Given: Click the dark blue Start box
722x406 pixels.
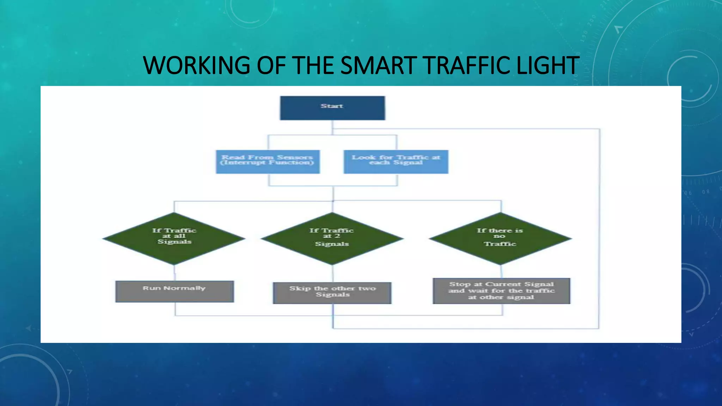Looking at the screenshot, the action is pos(332,108).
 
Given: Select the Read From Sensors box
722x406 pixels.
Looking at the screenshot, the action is pos(268,162).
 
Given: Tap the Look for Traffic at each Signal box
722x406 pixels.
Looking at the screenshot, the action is pos(396,162).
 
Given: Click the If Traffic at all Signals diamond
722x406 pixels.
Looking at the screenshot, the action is pos(174,239).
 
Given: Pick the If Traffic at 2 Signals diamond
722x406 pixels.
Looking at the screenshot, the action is pos(332,239).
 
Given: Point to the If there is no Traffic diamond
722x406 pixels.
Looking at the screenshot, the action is pos(500,239).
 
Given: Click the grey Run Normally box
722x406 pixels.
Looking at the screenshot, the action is pos(175,291).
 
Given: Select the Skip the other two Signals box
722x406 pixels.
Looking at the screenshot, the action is pos(332,293).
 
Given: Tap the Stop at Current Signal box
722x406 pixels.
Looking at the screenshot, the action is pos(501,291).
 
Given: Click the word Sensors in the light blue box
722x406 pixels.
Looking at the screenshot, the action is pos(295,157).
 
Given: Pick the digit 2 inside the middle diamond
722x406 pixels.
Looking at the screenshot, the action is pos(337,236).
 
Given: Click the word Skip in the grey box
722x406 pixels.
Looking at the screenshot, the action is pos(300,288).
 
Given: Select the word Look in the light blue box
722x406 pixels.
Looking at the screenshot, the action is pos(363,157).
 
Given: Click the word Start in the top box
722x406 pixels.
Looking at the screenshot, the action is pos(332,106).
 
